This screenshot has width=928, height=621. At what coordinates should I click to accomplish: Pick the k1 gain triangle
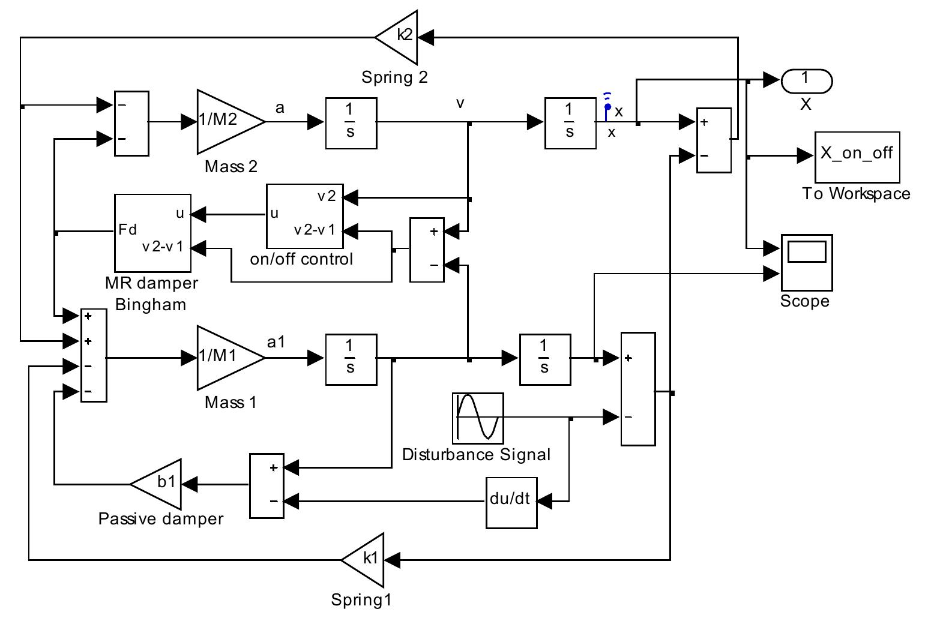(366, 560)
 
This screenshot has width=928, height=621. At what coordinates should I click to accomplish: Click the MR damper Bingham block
(152, 233)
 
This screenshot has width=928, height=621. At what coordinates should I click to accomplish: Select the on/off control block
(304, 216)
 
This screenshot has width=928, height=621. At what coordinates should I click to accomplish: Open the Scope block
(806, 262)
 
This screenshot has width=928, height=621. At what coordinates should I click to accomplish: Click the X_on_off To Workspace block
(857, 157)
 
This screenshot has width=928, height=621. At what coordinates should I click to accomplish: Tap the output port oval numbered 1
(806, 80)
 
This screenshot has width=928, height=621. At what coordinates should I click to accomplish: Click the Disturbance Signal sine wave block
(478, 418)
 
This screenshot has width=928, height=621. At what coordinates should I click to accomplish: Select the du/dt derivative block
(511, 502)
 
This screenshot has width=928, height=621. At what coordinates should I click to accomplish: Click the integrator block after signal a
(351, 122)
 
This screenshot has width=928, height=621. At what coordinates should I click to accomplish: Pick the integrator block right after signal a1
(351, 359)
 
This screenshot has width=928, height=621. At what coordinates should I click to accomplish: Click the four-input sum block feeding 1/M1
(94, 355)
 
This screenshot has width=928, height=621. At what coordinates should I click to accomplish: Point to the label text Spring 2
(394, 77)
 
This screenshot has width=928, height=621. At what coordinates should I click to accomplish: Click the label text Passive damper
(160, 519)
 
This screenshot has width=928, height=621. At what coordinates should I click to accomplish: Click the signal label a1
(276, 342)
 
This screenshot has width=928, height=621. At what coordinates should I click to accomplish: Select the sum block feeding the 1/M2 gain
(131, 123)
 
